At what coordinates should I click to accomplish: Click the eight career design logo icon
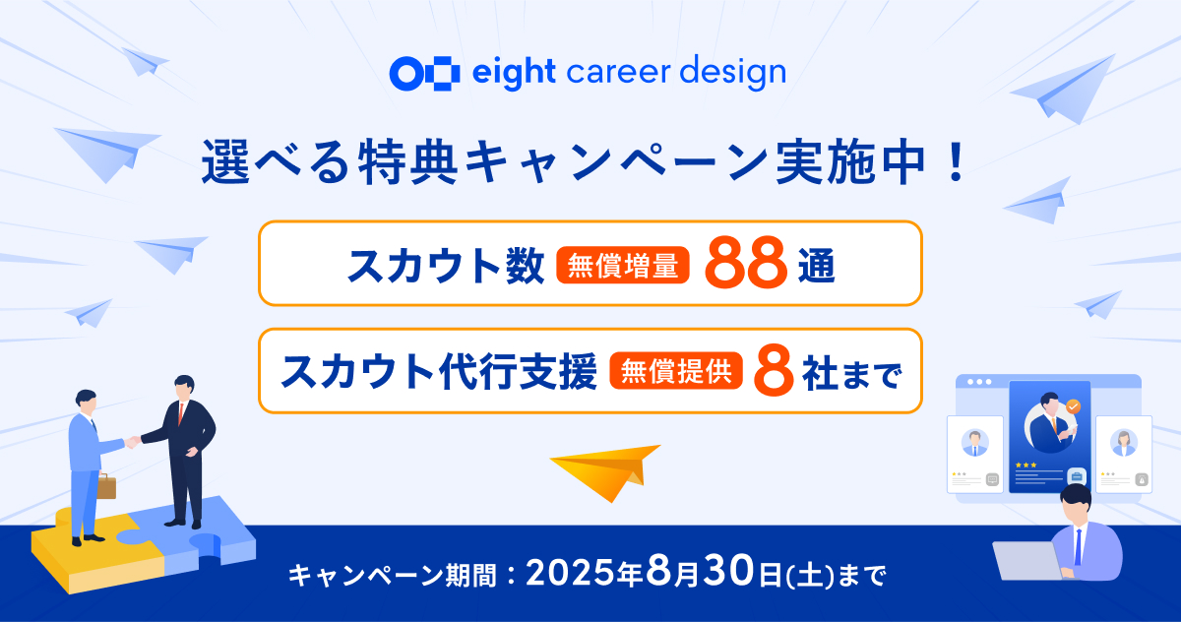click(424, 73)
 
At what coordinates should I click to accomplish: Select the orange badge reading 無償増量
click(623, 265)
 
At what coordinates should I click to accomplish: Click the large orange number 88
click(746, 263)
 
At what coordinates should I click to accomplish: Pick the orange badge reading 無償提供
click(676, 371)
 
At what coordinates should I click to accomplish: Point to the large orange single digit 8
click(774, 371)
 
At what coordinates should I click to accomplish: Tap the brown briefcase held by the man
click(106, 486)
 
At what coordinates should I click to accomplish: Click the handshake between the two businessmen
click(132, 441)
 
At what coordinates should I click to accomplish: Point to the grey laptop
click(1028, 560)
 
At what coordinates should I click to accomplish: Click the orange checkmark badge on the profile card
click(1073, 406)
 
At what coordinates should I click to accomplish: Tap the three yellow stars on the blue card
click(1026, 465)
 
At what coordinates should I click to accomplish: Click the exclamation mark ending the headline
click(956, 162)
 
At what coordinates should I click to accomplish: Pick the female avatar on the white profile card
click(1124, 443)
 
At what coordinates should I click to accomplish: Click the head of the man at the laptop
click(1076, 503)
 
